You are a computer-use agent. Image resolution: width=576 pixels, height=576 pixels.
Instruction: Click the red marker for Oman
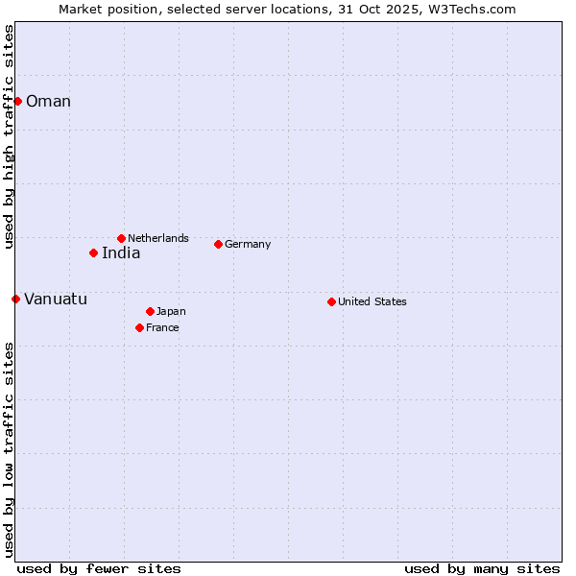tap(17, 101)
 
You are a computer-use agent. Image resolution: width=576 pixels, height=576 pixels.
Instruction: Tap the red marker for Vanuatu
tap(15, 299)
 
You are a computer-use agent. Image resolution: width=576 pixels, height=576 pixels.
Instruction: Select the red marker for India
tap(93, 252)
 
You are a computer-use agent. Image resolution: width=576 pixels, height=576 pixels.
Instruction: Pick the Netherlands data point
tap(121, 238)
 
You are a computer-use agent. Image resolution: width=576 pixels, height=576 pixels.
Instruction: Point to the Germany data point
tap(218, 244)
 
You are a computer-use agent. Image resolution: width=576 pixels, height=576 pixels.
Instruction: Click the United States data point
tap(331, 301)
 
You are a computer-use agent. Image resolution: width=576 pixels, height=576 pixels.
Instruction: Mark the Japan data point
tap(150, 311)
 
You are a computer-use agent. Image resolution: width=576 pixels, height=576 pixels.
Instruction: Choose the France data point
tap(139, 327)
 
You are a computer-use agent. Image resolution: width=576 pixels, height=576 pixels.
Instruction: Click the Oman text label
tap(48, 102)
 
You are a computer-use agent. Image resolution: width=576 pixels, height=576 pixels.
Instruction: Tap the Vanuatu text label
tap(56, 300)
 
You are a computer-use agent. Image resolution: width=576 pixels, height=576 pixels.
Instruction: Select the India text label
tap(121, 253)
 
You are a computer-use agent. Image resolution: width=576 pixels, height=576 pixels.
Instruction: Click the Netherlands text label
tap(158, 238)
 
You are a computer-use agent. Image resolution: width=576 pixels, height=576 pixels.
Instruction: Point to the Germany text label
tap(248, 244)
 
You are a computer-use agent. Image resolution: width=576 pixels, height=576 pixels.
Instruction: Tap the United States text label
tap(372, 301)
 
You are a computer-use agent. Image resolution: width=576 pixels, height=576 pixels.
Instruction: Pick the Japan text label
tap(171, 311)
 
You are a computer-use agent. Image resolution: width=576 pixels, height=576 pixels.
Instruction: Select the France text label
tap(162, 327)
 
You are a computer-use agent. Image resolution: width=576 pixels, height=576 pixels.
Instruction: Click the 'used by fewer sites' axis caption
tap(99, 568)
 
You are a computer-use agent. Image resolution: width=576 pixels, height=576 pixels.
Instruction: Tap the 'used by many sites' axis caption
tap(482, 568)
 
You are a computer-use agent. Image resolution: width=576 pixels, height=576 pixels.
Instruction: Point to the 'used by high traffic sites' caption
tap(9, 136)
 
